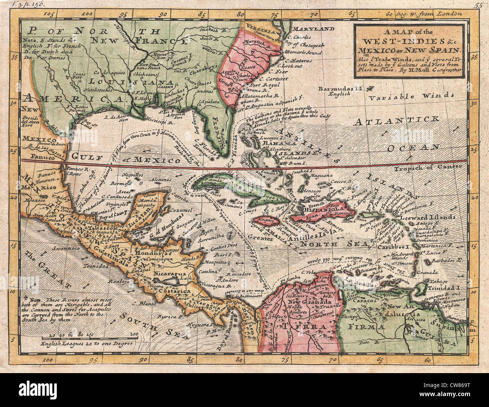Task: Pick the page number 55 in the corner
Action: pyautogui.click(x=478, y=5)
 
